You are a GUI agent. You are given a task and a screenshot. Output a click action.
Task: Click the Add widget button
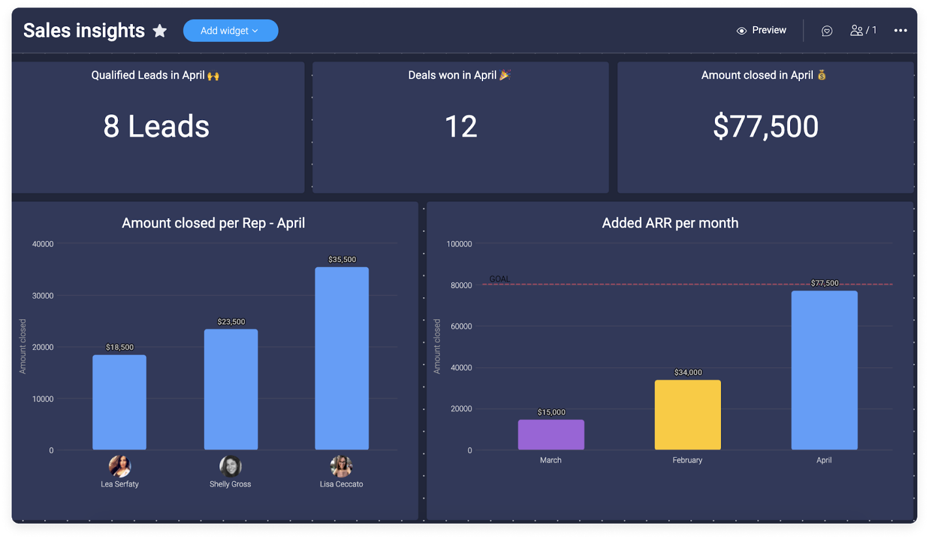pyautogui.click(x=230, y=31)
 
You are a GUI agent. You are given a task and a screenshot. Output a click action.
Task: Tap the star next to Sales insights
pyautogui.click(x=160, y=31)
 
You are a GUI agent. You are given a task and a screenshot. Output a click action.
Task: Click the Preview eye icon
pyautogui.click(x=741, y=31)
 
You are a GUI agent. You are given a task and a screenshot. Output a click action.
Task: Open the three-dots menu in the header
pyautogui.click(x=900, y=31)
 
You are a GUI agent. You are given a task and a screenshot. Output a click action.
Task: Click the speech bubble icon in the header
pyautogui.click(x=827, y=31)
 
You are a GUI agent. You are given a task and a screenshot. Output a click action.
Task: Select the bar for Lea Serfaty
pyautogui.click(x=120, y=402)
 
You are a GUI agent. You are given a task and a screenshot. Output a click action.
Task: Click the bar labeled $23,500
pyautogui.click(x=231, y=389)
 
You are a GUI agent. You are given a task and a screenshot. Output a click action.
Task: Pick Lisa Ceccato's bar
pyautogui.click(x=342, y=358)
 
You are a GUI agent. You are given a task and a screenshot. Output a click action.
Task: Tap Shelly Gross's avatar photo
pyautogui.click(x=231, y=466)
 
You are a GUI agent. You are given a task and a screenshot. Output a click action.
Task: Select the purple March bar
pyautogui.click(x=551, y=435)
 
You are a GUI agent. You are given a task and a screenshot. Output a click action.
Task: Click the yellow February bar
pyautogui.click(x=687, y=415)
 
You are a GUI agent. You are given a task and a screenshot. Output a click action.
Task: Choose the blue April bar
pyautogui.click(x=824, y=370)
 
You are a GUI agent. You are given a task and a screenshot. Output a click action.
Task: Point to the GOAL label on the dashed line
pyautogui.click(x=499, y=279)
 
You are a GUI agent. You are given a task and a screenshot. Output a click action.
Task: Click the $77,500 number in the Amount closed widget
pyautogui.click(x=765, y=126)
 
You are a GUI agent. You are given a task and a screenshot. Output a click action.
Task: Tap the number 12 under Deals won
pyautogui.click(x=460, y=126)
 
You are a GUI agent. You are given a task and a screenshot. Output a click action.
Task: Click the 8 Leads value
pyautogui.click(x=156, y=126)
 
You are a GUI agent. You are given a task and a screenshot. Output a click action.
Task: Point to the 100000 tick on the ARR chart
pyautogui.click(x=459, y=244)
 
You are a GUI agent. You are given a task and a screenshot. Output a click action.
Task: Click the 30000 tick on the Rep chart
pyautogui.click(x=42, y=296)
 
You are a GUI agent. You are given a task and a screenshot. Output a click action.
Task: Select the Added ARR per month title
pyautogui.click(x=670, y=223)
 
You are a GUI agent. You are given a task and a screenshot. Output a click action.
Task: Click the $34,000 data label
pyautogui.click(x=688, y=372)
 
